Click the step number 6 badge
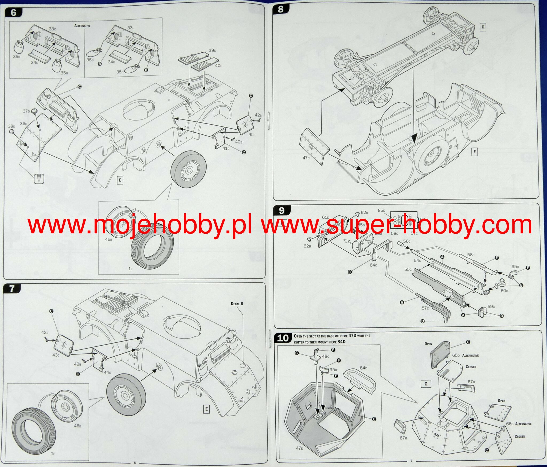[x=13, y=12]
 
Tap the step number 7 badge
[x=12, y=289]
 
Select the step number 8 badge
[x=280, y=9]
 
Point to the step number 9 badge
[x=281, y=211]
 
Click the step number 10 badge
[x=283, y=338]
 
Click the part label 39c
[x=212, y=50]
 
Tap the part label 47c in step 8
[x=306, y=158]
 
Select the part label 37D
[x=26, y=111]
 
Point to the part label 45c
[x=252, y=134]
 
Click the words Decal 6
[x=237, y=304]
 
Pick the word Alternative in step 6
[x=82, y=26]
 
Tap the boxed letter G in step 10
[x=426, y=384]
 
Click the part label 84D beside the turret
[x=364, y=368]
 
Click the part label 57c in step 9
[x=425, y=308]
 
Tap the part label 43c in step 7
[x=56, y=355]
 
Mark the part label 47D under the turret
[x=300, y=448]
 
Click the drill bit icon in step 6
[x=39, y=178]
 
